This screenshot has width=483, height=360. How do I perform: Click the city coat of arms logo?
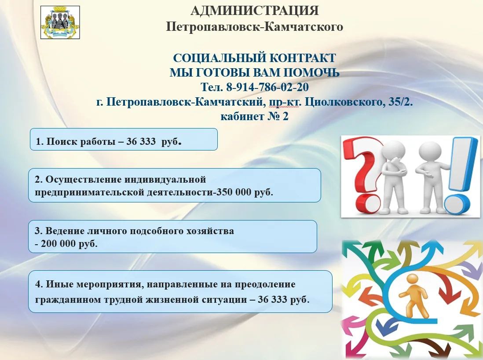pyautogui.click(x=60, y=22)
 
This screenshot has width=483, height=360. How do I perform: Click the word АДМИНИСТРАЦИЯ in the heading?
pyautogui.click(x=254, y=11)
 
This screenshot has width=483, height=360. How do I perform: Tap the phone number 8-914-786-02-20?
pyautogui.click(x=267, y=87)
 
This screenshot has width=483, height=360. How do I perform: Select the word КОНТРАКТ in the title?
pyautogui.click(x=303, y=58)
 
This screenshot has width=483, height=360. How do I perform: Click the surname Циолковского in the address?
pyautogui.click(x=344, y=102)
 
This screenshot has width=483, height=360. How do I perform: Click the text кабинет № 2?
pyautogui.click(x=254, y=117)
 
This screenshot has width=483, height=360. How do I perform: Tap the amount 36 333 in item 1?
pyautogui.click(x=141, y=141)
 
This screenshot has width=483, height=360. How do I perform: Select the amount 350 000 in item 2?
pyautogui.click(x=234, y=192)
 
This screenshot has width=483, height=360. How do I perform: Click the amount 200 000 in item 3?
pyautogui.click(x=59, y=244)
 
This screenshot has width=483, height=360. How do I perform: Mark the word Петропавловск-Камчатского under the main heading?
pyautogui.click(x=254, y=27)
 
